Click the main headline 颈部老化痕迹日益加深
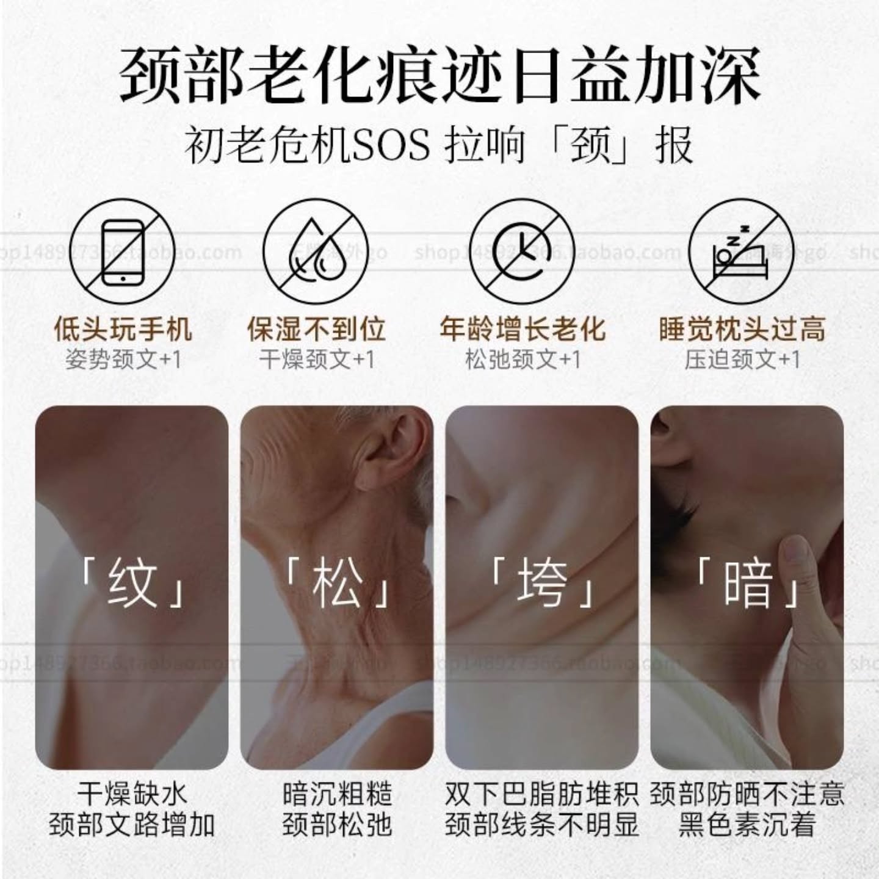440,76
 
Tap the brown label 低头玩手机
123,329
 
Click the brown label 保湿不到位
316,329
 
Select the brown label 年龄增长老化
522,329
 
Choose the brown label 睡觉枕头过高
742,329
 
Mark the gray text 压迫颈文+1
742,360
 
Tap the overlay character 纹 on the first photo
132,584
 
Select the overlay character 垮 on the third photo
541,584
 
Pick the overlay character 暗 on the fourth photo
748,584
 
